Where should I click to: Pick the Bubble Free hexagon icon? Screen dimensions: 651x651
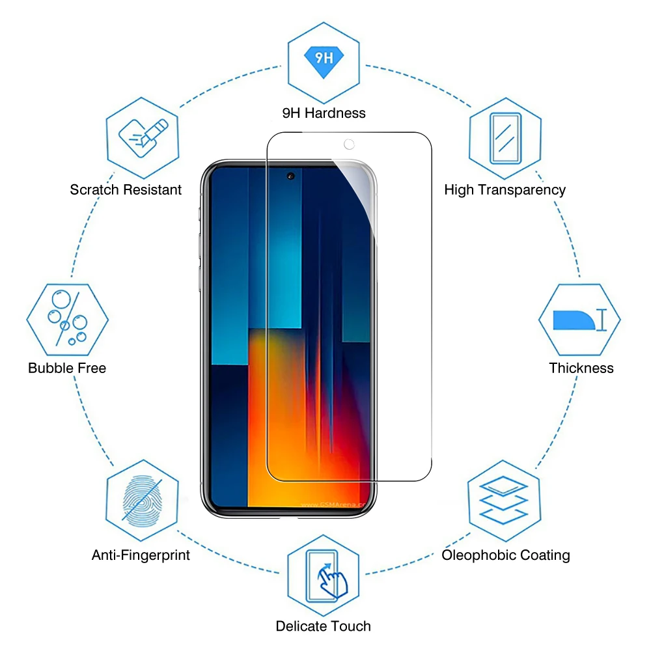click(67, 320)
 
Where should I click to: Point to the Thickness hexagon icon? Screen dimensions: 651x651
click(579, 320)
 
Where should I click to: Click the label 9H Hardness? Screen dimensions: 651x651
click(324, 113)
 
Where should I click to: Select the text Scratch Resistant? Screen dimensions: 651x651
click(126, 189)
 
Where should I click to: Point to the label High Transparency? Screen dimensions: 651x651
click(505, 189)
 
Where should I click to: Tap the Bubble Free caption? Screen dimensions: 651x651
click(67, 368)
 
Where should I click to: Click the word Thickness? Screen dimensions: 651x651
click(581, 368)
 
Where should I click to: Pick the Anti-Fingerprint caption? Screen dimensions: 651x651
click(141, 555)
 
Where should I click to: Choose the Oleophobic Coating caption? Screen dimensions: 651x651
click(505, 555)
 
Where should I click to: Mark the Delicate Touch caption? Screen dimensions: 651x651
click(323, 626)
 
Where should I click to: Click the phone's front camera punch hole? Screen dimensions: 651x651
click(290, 176)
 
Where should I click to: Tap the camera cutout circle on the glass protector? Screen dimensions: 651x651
click(349, 144)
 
